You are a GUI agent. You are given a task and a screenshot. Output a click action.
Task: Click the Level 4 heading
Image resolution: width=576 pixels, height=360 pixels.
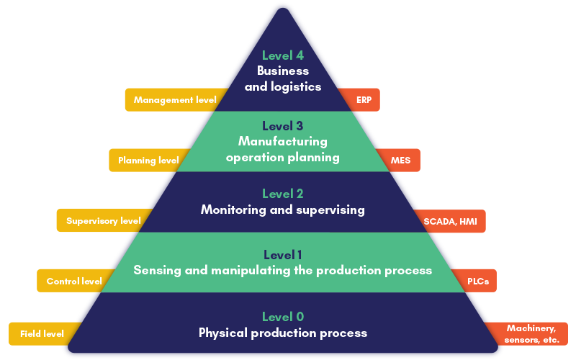pyautogui.click(x=283, y=55)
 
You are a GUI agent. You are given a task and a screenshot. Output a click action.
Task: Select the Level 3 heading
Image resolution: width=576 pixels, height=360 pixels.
pyautogui.click(x=283, y=126)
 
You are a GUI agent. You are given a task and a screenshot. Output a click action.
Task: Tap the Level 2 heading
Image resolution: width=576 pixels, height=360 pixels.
pyautogui.click(x=283, y=194)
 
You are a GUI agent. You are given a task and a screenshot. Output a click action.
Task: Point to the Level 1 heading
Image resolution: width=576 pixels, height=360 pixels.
pyautogui.click(x=283, y=255)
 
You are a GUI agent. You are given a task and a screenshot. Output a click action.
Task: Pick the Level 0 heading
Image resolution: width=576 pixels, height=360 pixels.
pyautogui.click(x=283, y=317)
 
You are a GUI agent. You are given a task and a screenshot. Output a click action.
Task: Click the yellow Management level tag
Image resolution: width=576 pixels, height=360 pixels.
pyautogui.click(x=174, y=100)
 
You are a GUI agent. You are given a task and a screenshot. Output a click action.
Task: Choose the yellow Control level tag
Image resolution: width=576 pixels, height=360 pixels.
pyautogui.click(x=73, y=281)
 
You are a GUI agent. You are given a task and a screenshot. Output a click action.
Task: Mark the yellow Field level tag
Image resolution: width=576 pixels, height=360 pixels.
pyautogui.click(x=42, y=333)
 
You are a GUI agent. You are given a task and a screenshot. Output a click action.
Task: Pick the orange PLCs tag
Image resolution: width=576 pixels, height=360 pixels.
pyautogui.click(x=477, y=281)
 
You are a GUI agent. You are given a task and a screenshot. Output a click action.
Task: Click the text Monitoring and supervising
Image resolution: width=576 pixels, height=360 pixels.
pyautogui.click(x=283, y=210)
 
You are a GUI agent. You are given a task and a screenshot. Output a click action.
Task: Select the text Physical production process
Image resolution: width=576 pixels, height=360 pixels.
pyautogui.click(x=283, y=333)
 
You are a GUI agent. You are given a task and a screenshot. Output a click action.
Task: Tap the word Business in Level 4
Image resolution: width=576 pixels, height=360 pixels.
pyautogui.click(x=283, y=71)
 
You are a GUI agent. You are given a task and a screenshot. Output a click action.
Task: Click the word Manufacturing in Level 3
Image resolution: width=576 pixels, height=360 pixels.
pyautogui.click(x=283, y=141)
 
